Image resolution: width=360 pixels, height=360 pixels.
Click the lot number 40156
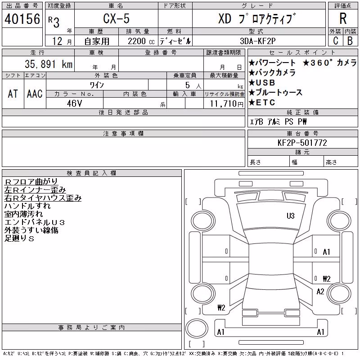coord(22,19)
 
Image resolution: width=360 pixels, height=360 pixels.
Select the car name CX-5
coord(116,18)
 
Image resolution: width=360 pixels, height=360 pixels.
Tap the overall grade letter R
coord(343,18)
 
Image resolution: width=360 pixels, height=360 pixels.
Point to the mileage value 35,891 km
coord(49,64)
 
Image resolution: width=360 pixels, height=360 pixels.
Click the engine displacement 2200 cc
coord(141,41)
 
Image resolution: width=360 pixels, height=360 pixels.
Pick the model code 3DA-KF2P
coord(257,41)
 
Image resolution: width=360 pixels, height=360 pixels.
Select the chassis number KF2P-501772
coord(302,143)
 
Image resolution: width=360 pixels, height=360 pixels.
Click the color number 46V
coord(74,103)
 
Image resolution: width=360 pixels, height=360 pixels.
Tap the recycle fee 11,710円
coord(227,104)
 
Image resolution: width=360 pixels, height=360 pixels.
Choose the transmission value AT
coord(13,94)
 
